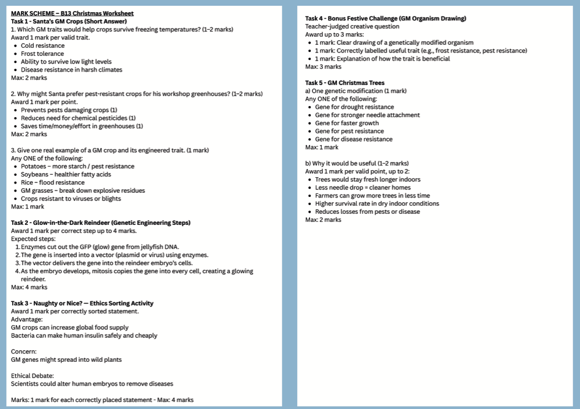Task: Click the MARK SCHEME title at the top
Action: tap(72, 13)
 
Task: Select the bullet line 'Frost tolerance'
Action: tap(43, 54)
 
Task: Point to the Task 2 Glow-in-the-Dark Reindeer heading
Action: tap(101, 223)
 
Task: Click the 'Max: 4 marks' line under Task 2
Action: tap(29, 287)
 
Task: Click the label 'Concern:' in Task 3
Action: tap(24, 351)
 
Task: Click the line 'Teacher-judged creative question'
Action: tap(352, 26)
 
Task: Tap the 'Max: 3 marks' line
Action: tap(324, 67)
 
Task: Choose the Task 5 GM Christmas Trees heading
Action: tap(345, 83)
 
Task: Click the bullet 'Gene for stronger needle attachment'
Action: tap(367, 115)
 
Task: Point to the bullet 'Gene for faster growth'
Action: tap(347, 123)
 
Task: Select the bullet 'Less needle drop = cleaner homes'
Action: tap(363, 188)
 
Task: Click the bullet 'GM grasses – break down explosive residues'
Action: tap(83, 191)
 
